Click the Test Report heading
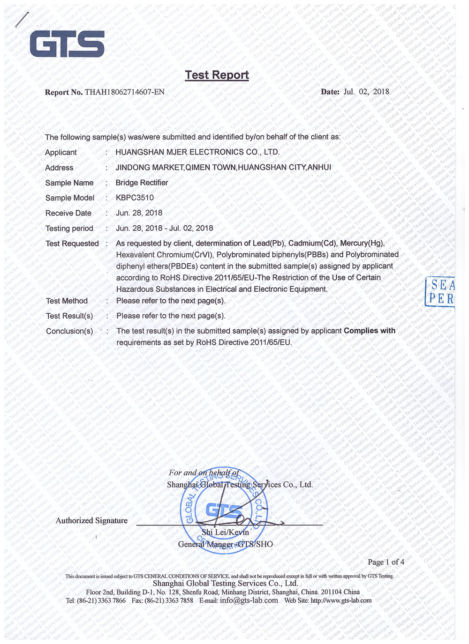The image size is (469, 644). pyautogui.click(x=217, y=75)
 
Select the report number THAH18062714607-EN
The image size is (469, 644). pyautogui.click(x=125, y=92)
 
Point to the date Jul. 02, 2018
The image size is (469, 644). pyautogui.click(x=366, y=92)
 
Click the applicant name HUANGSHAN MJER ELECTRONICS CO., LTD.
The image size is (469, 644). pyautogui.click(x=197, y=152)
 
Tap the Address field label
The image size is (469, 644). pyautogui.click(x=59, y=168)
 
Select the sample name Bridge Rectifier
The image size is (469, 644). pyautogui.click(x=142, y=183)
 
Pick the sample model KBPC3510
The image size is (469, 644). pyautogui.click(x=135, y=198)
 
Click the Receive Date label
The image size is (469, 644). pyautogui.click(x=68, y=213)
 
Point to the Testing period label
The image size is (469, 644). pyautogui.click(x=69, y=229)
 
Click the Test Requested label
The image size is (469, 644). pyautogui.click(x=72, y=244)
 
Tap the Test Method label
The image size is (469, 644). pyautogui.click(x=67, y=301)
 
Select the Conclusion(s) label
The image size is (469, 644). pyautogui.click(x=69, y=331)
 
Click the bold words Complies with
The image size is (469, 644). pyautogui.click(x=370, y=331)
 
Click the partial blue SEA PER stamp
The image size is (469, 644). pyautogui.click(x=441, y=291)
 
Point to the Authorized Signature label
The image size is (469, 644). pyautogui.click(x=91, y=520)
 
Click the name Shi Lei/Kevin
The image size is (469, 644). pyautogui.click(x=225, y=532)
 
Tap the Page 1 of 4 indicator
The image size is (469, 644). pyautogui.click(x=386, y=562)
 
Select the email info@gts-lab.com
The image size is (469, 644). pyautogui.click(x=249, y=600)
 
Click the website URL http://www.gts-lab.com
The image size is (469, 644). pyautogui.click(x=341, y=600)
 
